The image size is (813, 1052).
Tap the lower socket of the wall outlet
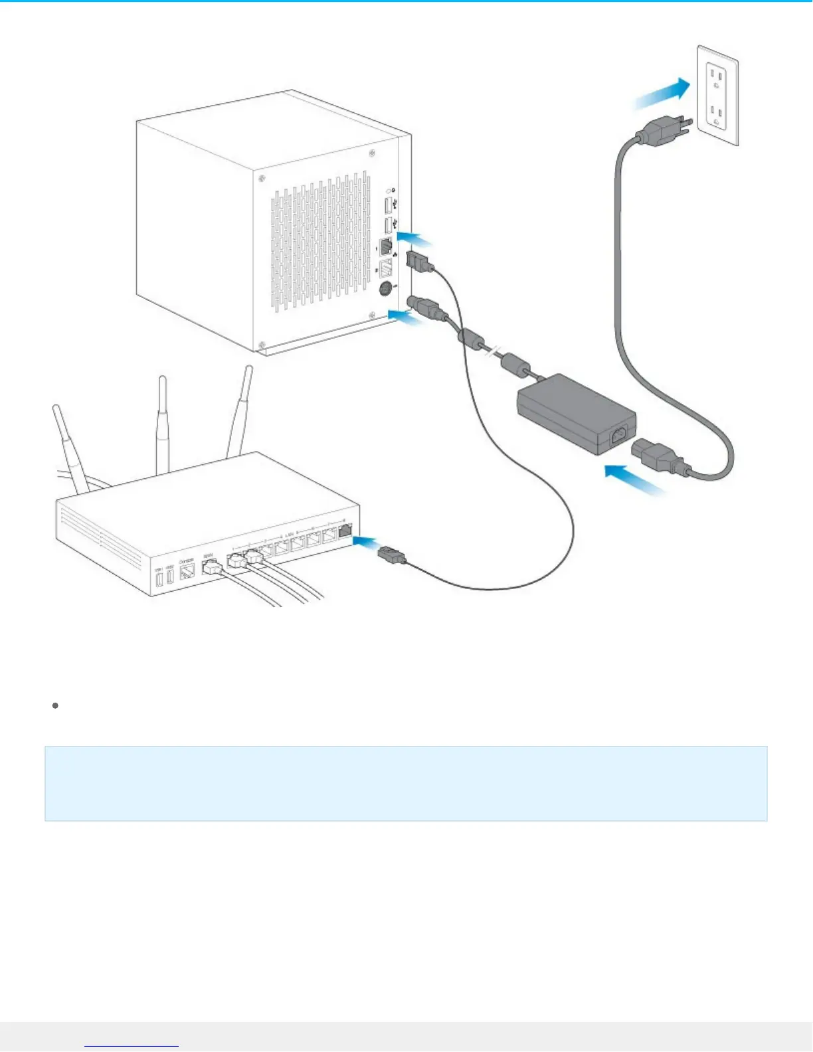click(717, 114)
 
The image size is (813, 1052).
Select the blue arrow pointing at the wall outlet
click(662, 93)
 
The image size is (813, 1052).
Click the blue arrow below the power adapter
click(634, 481)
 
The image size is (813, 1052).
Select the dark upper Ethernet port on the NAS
click(385, 247)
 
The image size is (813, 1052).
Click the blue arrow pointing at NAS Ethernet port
click(413, 237)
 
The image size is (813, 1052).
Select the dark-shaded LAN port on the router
click(346, 530)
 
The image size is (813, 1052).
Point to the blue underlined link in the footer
click(132, 1045)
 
